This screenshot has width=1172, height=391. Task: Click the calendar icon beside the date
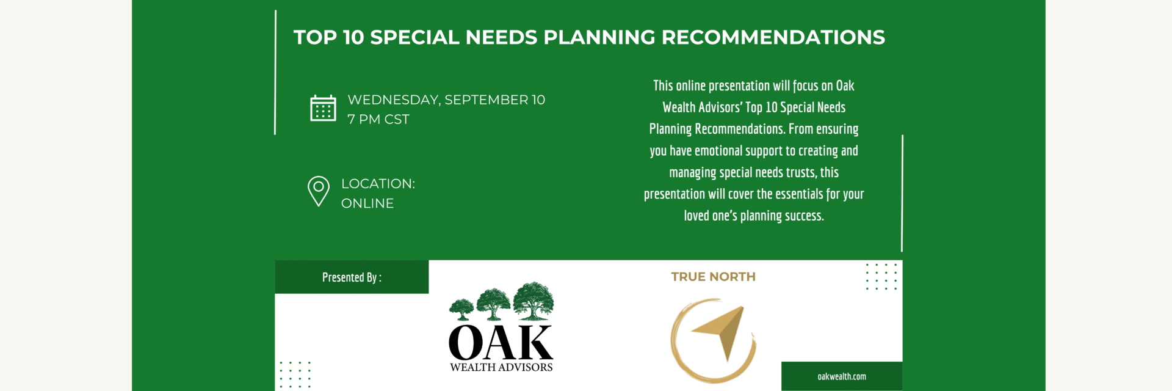coord(323,108)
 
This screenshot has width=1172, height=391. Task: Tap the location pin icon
coord(319,191)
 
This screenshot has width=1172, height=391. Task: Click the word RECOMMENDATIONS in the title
coord(773,37)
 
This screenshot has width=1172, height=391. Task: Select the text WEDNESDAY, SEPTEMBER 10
coord(446,100)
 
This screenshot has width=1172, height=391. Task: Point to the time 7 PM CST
coord(378,119)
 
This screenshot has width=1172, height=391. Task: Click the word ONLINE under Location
coord(367,203)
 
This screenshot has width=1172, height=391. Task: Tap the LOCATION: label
coord(378,183)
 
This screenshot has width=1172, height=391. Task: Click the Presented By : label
coord(352,277)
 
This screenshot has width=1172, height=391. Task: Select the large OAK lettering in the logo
coord(501,342)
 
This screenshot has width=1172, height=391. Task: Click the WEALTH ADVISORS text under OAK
coord(501,367)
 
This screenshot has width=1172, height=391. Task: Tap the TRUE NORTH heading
coord(714,277)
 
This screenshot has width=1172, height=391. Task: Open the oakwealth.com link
coord(842,376)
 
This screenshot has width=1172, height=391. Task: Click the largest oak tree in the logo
coord(534,301)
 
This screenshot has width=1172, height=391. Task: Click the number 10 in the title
coord(353,37)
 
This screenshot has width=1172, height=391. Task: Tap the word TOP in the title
coord(316,37)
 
